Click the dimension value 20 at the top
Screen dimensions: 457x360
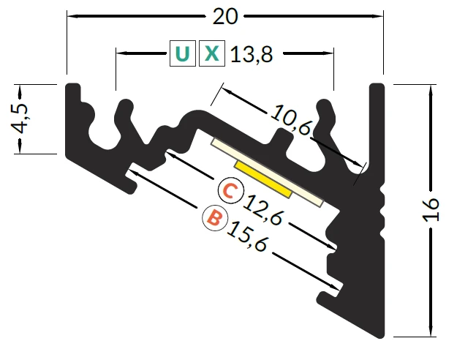coord(225,17)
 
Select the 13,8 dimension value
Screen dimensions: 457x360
coord(252,54)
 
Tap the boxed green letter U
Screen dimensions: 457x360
coord(183,53)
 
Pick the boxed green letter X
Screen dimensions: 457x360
coord(212,53)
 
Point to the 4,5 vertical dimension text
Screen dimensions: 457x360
coord(20,119)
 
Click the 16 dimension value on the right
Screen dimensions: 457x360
coord(431,210)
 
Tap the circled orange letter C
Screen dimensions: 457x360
coord(230,190)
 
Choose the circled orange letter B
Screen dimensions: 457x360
coord(215,218)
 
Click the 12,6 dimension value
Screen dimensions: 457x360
coord(263,210)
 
